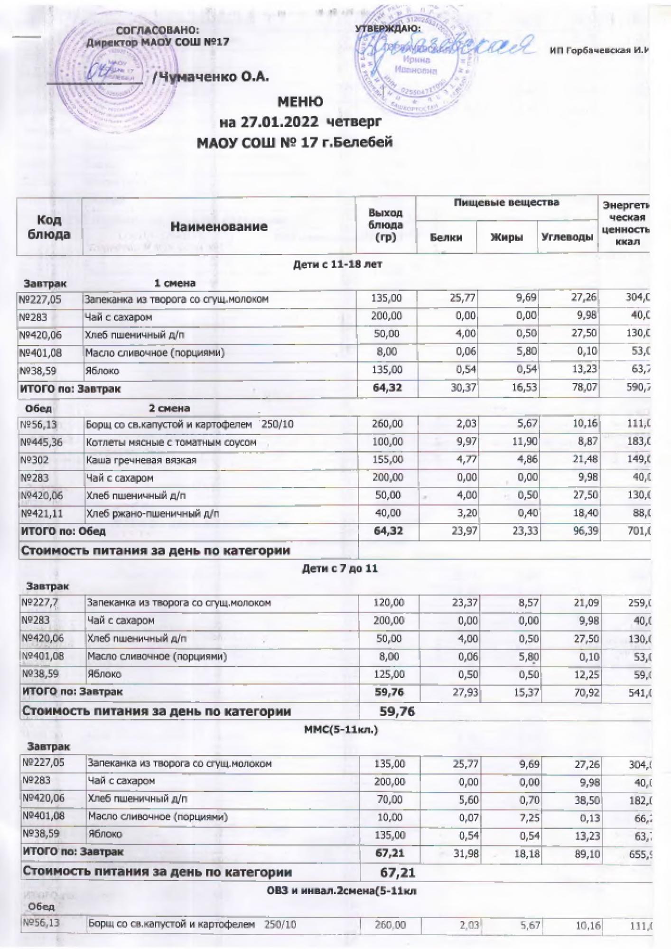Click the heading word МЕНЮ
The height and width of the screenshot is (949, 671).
pos(300,102)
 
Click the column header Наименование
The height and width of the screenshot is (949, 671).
pos(219,227)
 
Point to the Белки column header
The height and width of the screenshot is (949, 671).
pos(446,237)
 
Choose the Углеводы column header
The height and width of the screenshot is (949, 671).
pos(567,237)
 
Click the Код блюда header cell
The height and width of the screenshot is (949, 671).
pos(49,227)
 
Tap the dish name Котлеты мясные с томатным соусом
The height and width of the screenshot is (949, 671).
pos(171,442)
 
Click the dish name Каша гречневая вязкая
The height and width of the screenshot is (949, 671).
pos(141,460)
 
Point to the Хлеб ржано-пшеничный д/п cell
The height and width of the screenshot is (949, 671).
pos(152,513)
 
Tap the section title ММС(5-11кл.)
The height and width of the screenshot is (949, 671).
pos(340,729)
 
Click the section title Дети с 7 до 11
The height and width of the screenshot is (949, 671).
pos(340,568)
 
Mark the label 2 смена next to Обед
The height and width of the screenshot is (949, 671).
pos(169,408)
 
